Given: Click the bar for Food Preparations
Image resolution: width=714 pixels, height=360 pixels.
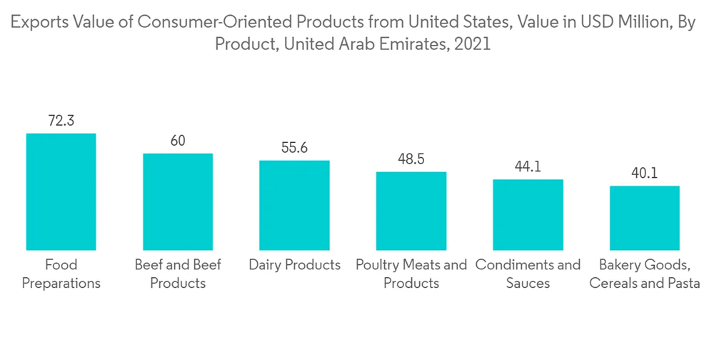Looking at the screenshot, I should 61,191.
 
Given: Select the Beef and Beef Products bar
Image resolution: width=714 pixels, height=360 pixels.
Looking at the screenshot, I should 178,201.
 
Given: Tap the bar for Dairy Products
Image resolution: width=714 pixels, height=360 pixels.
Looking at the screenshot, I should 294,205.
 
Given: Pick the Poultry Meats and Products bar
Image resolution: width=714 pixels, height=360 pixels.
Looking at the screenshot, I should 411,211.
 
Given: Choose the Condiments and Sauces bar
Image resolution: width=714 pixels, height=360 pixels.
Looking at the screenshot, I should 528,214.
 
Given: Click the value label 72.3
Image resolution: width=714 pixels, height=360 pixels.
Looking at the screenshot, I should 61,121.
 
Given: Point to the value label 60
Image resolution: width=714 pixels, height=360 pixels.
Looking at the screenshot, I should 178,141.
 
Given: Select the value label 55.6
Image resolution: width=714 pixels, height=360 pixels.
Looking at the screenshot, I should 294,148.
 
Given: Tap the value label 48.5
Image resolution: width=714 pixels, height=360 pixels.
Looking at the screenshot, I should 411,159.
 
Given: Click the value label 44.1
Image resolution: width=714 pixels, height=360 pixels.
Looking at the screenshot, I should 528,166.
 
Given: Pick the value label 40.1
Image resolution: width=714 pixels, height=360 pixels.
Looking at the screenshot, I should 644,173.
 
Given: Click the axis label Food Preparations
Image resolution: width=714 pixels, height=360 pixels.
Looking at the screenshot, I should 61,274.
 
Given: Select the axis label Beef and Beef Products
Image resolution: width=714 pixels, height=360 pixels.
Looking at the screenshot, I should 178,274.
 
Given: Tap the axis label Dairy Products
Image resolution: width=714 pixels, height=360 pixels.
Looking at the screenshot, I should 294,266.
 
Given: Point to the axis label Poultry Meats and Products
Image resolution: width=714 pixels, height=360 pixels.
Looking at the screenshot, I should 411,274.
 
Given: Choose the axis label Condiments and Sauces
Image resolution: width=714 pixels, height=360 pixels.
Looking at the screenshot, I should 528,274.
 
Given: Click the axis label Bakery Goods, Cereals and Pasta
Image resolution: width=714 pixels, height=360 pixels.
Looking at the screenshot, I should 644,274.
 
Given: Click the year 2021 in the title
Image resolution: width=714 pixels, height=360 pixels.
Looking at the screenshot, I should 472,44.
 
